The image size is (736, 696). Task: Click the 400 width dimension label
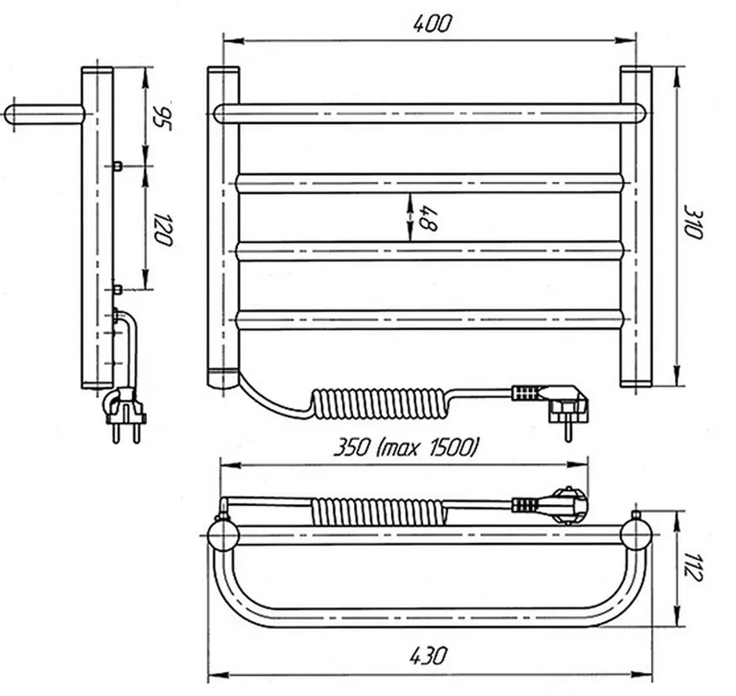point(432,23)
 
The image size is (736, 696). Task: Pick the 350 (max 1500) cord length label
point(407,447)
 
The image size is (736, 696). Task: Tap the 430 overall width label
point(429,655)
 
